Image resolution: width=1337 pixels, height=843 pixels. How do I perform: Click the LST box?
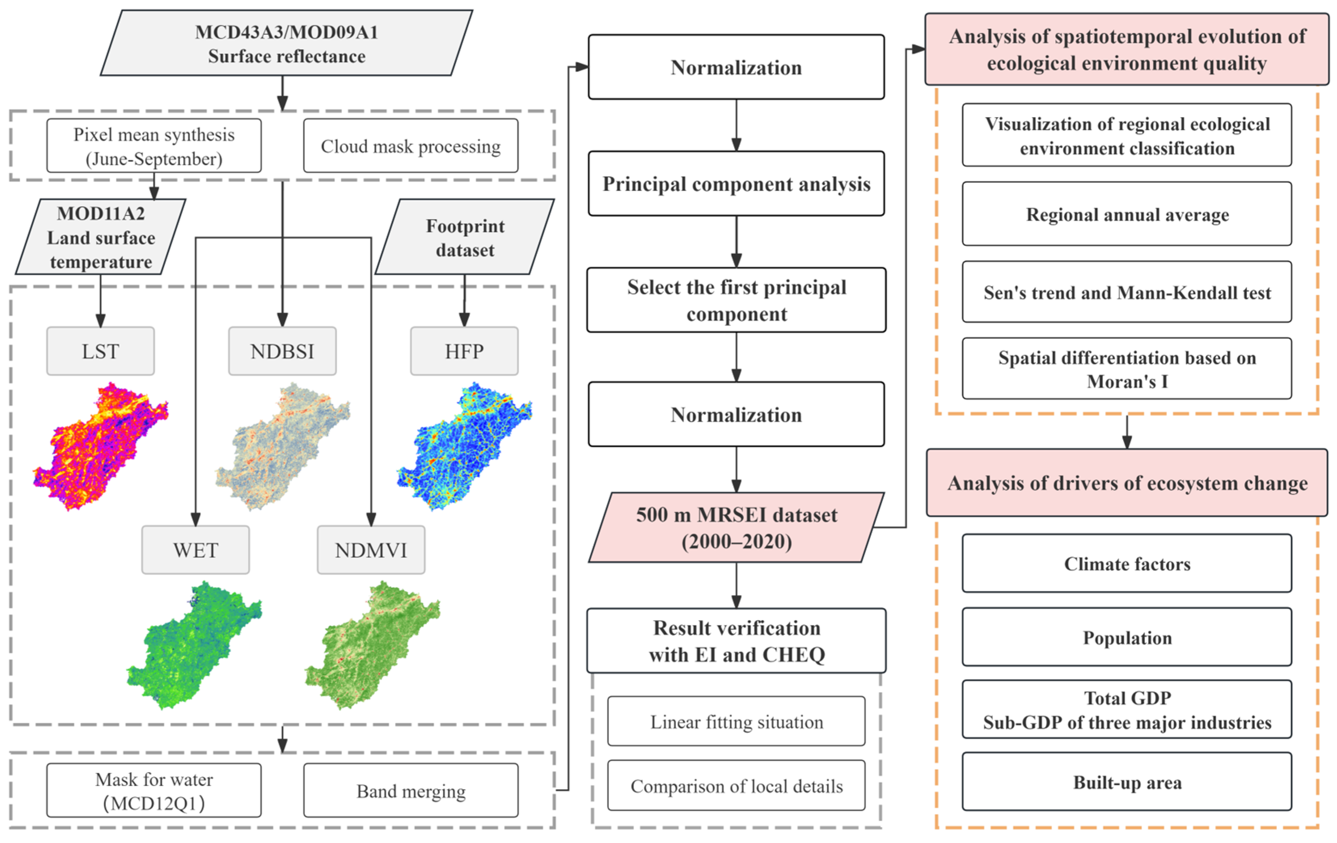tap(101, 351)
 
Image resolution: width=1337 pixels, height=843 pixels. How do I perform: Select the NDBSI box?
tap(282, 351)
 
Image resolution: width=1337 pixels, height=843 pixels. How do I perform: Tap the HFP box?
tap(464, 351)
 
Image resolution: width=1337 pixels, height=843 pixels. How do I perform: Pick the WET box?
tap(195, 550)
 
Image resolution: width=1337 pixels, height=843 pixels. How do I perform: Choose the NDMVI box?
tap(371, 550)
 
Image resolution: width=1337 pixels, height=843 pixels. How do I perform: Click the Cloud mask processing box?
tap(410, 146)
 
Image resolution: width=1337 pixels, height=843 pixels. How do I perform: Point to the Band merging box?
tap(410, 790)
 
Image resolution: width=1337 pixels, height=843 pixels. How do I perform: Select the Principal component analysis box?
tap(736, 184)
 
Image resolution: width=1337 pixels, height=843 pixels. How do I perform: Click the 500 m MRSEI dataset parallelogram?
tap(736, 528)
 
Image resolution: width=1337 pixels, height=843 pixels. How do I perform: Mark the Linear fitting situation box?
tap(736, 721)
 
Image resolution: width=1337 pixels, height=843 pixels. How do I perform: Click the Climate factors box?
tap(1127, 564)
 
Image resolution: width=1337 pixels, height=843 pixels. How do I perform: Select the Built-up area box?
tap(1127, 782)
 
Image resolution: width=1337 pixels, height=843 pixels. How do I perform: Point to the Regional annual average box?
tap(1127, 214)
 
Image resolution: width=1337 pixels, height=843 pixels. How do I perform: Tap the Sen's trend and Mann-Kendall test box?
tap(1127, 292)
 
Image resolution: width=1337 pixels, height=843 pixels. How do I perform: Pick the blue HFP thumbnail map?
tap(464, 444)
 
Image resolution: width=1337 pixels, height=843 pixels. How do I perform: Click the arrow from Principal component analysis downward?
tap(736, 241)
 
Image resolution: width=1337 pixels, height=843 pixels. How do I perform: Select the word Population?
tap(1127, 638)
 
